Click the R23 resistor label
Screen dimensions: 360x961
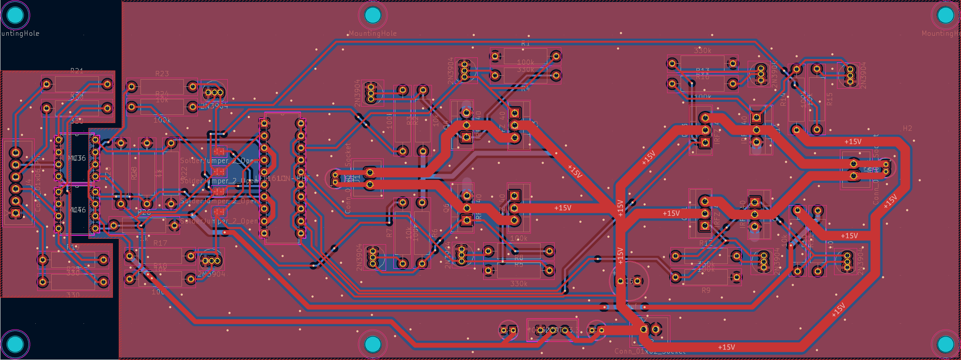pos(162,74)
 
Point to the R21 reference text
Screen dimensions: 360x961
pos(77,71)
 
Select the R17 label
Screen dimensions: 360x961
pos(160,243)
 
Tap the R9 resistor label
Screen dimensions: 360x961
pos(706,291)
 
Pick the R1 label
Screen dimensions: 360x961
pos(525,43)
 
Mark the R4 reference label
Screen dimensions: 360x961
pos(525,88)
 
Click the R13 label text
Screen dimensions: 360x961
pos(702,71)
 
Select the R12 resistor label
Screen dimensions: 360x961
pos(706,243)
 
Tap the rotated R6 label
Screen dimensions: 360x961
pos(434,233)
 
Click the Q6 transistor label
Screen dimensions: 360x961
pos(446,208)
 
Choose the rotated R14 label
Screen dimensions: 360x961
pos(783,99)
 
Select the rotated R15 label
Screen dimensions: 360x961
pos(829,99)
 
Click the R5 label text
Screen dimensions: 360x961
pos(518,264)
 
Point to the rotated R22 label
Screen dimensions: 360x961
pos(184,172)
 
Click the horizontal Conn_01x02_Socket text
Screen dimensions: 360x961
pos(650,351)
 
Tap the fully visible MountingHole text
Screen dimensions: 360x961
pos(373,33)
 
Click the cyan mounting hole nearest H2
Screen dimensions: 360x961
pos(945,15)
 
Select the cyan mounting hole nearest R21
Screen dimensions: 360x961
pos(15,15)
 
